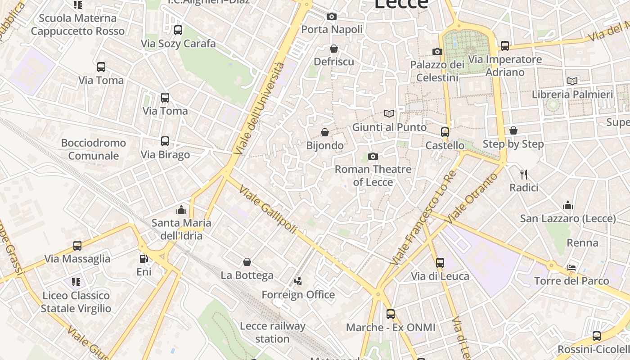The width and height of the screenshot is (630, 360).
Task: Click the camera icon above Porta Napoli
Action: click(x=332, y=17)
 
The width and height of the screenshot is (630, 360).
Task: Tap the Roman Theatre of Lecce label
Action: click(x=373, y=175)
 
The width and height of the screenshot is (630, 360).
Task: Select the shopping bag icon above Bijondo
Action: click(x=325, y=132)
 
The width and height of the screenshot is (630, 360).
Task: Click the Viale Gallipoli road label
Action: click(x=268, y=210)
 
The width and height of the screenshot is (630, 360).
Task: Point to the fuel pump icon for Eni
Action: click(x=144, y=259)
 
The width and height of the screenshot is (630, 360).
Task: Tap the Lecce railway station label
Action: click(x=273, y=332)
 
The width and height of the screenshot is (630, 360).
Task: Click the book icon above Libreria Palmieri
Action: click(x=572, y=81)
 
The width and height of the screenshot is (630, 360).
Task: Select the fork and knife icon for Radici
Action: click(x=523, y=174)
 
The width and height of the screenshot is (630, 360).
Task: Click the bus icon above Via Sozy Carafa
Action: click(x=178, y=30)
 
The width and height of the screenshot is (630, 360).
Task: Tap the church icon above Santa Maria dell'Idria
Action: click(x=181, y=209)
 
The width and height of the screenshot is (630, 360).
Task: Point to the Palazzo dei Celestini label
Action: click(x=437, y=71)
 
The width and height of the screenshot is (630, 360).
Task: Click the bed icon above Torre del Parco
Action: click(x=571, y=268)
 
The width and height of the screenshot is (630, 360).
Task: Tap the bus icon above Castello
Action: click(x=445, y=132)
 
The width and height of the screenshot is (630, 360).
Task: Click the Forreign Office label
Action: click(x=298, y=295)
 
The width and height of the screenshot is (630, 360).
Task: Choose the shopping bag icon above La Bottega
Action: click(x=247, y=262)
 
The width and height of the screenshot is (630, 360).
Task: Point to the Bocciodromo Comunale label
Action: click(x=94, y=149)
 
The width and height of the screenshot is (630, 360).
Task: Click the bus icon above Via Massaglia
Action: click(x=77, y=246)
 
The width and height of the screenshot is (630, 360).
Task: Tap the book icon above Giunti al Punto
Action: click(x=389, y=114)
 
